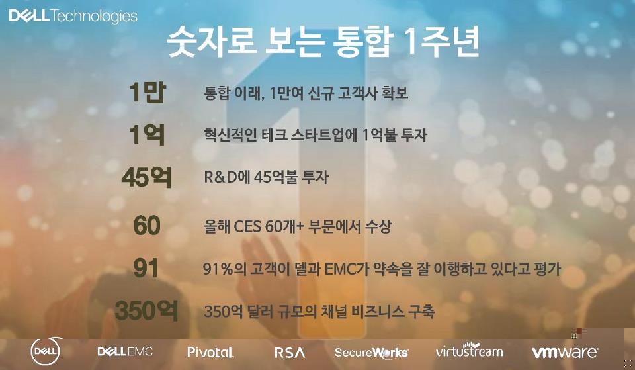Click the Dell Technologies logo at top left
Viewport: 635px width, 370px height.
[73, 16]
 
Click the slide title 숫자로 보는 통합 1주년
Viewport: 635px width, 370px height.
[323, 42]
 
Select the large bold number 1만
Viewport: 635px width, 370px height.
[148, 92]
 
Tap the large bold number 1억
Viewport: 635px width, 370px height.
[148, 134]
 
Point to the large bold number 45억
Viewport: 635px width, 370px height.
[147, 177]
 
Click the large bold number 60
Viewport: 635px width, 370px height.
[147, 225]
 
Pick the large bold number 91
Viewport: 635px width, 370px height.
[146, 268]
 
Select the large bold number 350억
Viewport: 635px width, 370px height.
[147, 311]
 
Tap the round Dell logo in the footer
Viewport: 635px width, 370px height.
[46, 351]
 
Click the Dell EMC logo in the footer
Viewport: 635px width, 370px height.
[125, 351]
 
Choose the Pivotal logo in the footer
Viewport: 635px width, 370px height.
[210, 351]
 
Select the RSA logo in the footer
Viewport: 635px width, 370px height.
[290, 353]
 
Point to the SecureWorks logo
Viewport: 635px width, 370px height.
[371, 353]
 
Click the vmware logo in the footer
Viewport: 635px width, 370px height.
[565, 352]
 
